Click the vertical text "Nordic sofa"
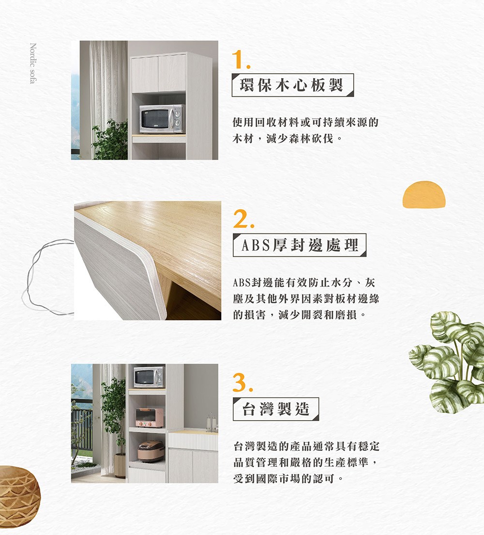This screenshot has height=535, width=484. [33, 63]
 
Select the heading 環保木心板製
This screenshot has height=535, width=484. [292, 85]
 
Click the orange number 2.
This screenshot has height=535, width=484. [243, 219]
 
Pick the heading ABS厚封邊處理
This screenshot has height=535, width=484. [300, 245]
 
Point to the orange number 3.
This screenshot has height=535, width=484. [242, 382]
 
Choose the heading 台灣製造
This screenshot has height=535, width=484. [275, 409]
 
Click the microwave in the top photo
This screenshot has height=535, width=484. [162, 119]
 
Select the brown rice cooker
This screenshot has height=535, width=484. [151, 451]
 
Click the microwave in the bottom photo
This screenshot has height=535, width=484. [149, 377]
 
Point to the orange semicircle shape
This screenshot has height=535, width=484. [424, 194]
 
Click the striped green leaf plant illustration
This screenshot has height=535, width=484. [447, 362]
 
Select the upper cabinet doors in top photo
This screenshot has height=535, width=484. [158, 73]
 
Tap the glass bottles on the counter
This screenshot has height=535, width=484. [212, 423]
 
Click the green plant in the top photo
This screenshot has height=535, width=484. [110, 140]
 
